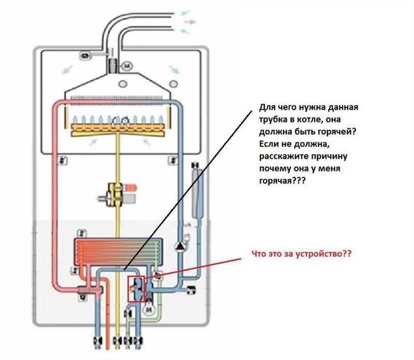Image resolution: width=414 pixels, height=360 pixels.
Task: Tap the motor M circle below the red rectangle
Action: click(x=149, y=311)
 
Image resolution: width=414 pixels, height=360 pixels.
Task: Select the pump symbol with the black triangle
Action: click(x=180, y=246)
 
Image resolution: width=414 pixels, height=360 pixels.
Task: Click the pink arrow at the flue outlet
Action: click(x=189, y=22)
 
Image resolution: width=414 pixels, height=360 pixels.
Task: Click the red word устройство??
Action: click(x=325, y=255)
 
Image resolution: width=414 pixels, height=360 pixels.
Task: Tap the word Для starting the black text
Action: click(x=266, y=107)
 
